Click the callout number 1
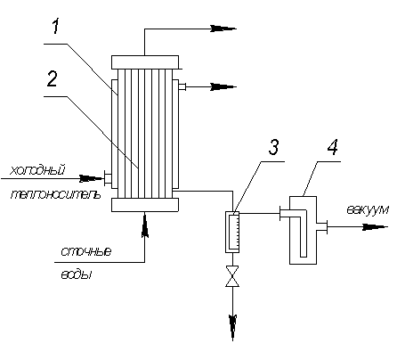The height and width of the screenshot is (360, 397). click(56, 26)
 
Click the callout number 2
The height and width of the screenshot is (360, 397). click(53, 78)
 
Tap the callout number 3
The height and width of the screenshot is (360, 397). click(273, 147)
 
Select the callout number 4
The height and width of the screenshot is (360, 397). click(333, 147)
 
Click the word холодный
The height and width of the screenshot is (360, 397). click(37, 171)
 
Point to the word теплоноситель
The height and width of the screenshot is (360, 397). click(55, 194)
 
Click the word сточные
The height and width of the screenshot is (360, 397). click(86, 251)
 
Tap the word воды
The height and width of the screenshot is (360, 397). click(76, 274)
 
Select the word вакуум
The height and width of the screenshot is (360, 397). click(368, 209)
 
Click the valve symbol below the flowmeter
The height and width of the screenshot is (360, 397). click(232, 276)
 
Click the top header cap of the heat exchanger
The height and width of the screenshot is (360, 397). click(145, 61)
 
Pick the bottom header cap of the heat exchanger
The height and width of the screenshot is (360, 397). click(145, 205)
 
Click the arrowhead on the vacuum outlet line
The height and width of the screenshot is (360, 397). click(376, 226)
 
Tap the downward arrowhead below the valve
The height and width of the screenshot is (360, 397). click(232, 327)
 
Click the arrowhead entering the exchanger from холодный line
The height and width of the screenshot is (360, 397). click(92, 178)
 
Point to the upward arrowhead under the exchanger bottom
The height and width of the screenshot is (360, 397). click(145, 225)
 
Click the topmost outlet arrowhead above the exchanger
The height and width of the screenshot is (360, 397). click(223, 29)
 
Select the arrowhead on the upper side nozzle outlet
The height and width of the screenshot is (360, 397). click(223, 87)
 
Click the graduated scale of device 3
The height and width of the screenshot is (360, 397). click(236, 230)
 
